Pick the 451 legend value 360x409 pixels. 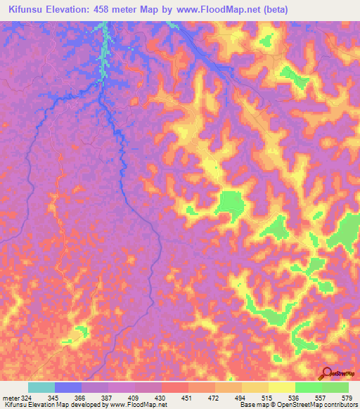coord(187,398)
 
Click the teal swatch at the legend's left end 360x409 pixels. coord(41,387)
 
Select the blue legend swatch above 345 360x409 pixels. coord(68,387)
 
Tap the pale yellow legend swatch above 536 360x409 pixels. coord(282,387)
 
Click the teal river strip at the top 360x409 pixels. coord(104,49)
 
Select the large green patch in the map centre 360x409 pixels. coord(229,203)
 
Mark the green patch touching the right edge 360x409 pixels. coord(347,232)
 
